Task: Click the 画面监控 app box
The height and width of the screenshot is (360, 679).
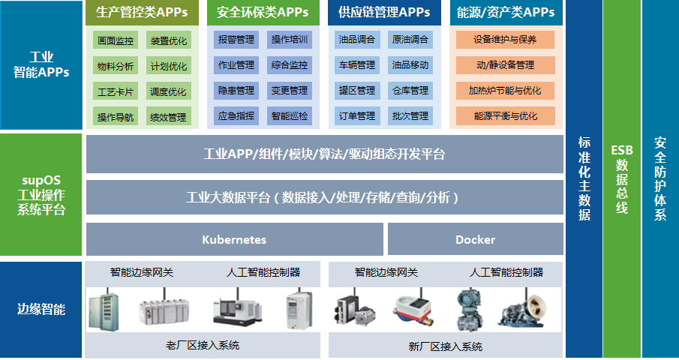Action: tap(116, 40)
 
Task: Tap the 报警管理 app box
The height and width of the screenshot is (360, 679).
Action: tap(236, 40)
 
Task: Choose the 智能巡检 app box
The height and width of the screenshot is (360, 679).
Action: tap(289, 116)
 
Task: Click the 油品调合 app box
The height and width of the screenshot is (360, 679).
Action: tap(356, 40)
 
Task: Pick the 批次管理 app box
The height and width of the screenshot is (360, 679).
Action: tap(410, 116)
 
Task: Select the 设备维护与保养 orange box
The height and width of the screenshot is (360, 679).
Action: tap(505, 40)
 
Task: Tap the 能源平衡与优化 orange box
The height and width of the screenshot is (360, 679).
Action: tap(505, 116)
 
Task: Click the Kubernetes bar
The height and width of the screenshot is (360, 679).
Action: tap(234, 240)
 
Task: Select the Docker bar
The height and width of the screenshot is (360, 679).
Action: tap(475, 240)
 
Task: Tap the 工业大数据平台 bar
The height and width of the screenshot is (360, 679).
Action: tap(324, 198)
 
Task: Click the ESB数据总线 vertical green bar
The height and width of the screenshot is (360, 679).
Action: tap(621, 178)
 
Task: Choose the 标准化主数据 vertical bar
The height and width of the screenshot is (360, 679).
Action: tap(584, 178)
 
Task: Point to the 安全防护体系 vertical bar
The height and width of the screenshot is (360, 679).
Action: tap(660, 178)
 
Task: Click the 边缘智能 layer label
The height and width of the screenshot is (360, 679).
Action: tap(41, 309)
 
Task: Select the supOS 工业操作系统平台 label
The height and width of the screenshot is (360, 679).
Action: tap(41, 196)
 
